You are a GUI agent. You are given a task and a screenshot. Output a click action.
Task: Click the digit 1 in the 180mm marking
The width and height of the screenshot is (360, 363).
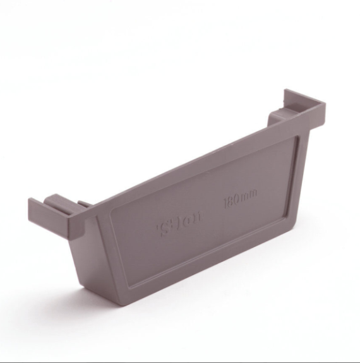tap(226, 206)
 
